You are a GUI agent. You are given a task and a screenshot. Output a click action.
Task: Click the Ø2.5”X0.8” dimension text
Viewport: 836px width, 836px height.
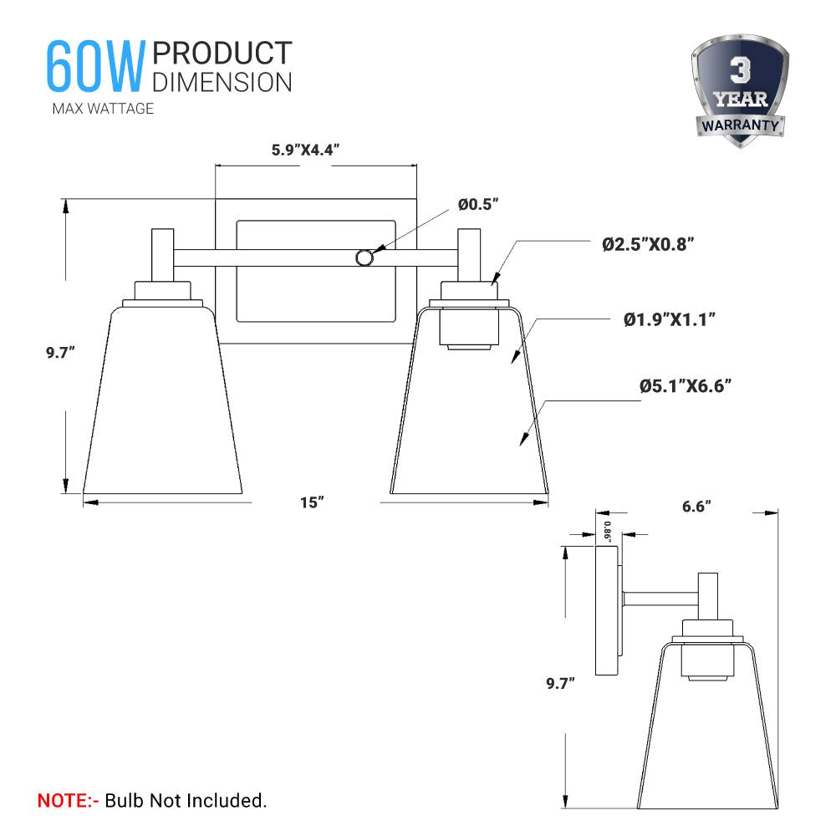click(x=649, y=244)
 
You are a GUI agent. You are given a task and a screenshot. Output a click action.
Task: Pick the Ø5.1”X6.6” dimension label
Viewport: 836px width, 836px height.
click(x=686, y=385)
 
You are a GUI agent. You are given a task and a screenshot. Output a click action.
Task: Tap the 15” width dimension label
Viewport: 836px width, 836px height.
click(x=312, y=502)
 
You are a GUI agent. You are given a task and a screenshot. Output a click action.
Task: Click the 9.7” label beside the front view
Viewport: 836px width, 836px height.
click(x=61, y=353)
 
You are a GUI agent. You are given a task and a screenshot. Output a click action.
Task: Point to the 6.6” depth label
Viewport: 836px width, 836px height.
click(x=696, y=507)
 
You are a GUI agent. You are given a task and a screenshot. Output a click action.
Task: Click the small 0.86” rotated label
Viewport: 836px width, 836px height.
click(x=608, y=533)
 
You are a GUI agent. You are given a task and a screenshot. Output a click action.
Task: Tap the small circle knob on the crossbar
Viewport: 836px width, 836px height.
click(x=364, y=258)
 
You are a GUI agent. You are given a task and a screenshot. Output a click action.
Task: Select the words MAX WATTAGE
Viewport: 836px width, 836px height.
click(x=103, y=109)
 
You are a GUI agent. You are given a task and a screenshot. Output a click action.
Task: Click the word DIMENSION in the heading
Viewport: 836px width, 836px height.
click(x=222, y=82)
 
